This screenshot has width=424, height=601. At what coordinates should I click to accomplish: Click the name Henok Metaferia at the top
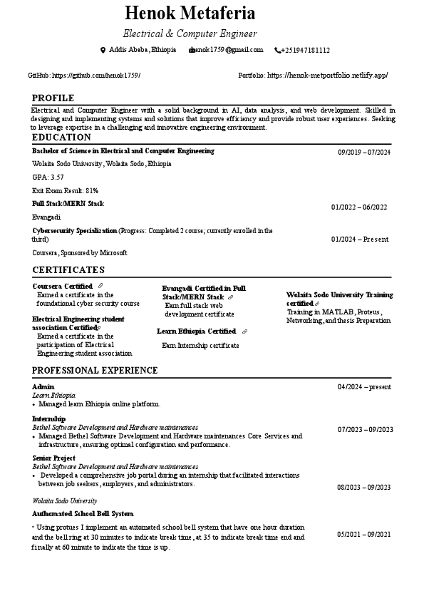click(190, 13)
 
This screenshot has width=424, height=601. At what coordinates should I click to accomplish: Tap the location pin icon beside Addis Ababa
click(103, 50)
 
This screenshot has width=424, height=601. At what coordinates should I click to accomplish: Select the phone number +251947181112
click(305, 50)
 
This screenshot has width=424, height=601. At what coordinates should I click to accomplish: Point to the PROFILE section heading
click(53, 98)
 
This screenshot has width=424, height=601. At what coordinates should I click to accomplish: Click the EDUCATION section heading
click(61, 137)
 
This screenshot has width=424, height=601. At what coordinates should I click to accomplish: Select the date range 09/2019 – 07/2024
click(364, 152)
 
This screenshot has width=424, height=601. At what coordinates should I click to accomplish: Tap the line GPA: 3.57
click(48, 177)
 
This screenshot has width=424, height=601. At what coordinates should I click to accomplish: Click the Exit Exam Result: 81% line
click(65, 190)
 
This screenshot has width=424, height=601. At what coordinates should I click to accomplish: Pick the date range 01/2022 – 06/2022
click(359, 207)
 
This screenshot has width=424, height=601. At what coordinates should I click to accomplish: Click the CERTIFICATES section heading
click(68, 269)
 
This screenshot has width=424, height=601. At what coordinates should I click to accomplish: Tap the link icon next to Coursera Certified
click(100, 286)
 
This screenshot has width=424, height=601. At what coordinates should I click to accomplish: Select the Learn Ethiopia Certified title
click(196, 332)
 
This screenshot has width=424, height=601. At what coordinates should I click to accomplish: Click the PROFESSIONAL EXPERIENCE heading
click(95, 370)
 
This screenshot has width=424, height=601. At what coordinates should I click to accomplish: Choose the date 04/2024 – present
click(364, 386)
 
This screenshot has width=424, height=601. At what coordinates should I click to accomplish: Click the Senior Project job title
click(53, 458)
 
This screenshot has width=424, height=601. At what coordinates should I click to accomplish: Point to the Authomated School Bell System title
click(83, 513)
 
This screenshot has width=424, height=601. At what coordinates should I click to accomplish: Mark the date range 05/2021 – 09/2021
click(364, 534)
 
